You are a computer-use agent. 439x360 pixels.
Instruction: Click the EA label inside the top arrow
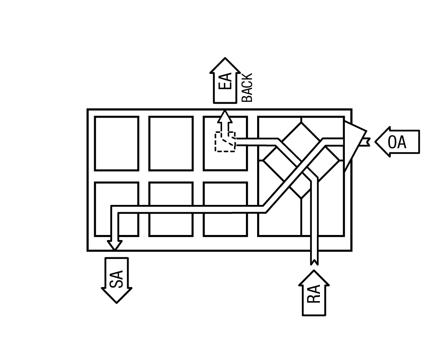[x=226, y=81]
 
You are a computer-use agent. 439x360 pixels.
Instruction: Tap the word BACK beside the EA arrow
[x=247, y=88]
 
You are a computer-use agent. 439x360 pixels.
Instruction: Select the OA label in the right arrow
[x=397, y=142]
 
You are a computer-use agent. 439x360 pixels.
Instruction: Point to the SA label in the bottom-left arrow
[x=117, y=279]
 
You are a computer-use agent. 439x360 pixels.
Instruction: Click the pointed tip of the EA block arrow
[x=225, y=58]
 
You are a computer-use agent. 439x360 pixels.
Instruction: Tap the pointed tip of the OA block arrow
[x=375, y=142]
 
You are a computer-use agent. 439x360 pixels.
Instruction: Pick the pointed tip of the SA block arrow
[x=117, y=303]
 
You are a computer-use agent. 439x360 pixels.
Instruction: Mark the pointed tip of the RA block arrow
[x=314, y=270]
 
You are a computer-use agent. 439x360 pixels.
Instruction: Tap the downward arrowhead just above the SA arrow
[x=114, y=245]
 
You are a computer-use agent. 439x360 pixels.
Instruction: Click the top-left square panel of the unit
[x=117, y=143]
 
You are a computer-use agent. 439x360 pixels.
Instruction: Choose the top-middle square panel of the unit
[x=171, y=143]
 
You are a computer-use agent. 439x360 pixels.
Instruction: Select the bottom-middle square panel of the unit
[x=171, y=209]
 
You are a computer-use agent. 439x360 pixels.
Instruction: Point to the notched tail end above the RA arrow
[x=314, y=262]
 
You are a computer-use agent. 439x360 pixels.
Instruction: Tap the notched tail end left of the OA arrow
[x=367, y=142]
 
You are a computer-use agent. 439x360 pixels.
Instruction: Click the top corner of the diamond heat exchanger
[x=301, y=122]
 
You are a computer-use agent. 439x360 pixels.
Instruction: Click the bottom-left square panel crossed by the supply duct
[x=117, y=209]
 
